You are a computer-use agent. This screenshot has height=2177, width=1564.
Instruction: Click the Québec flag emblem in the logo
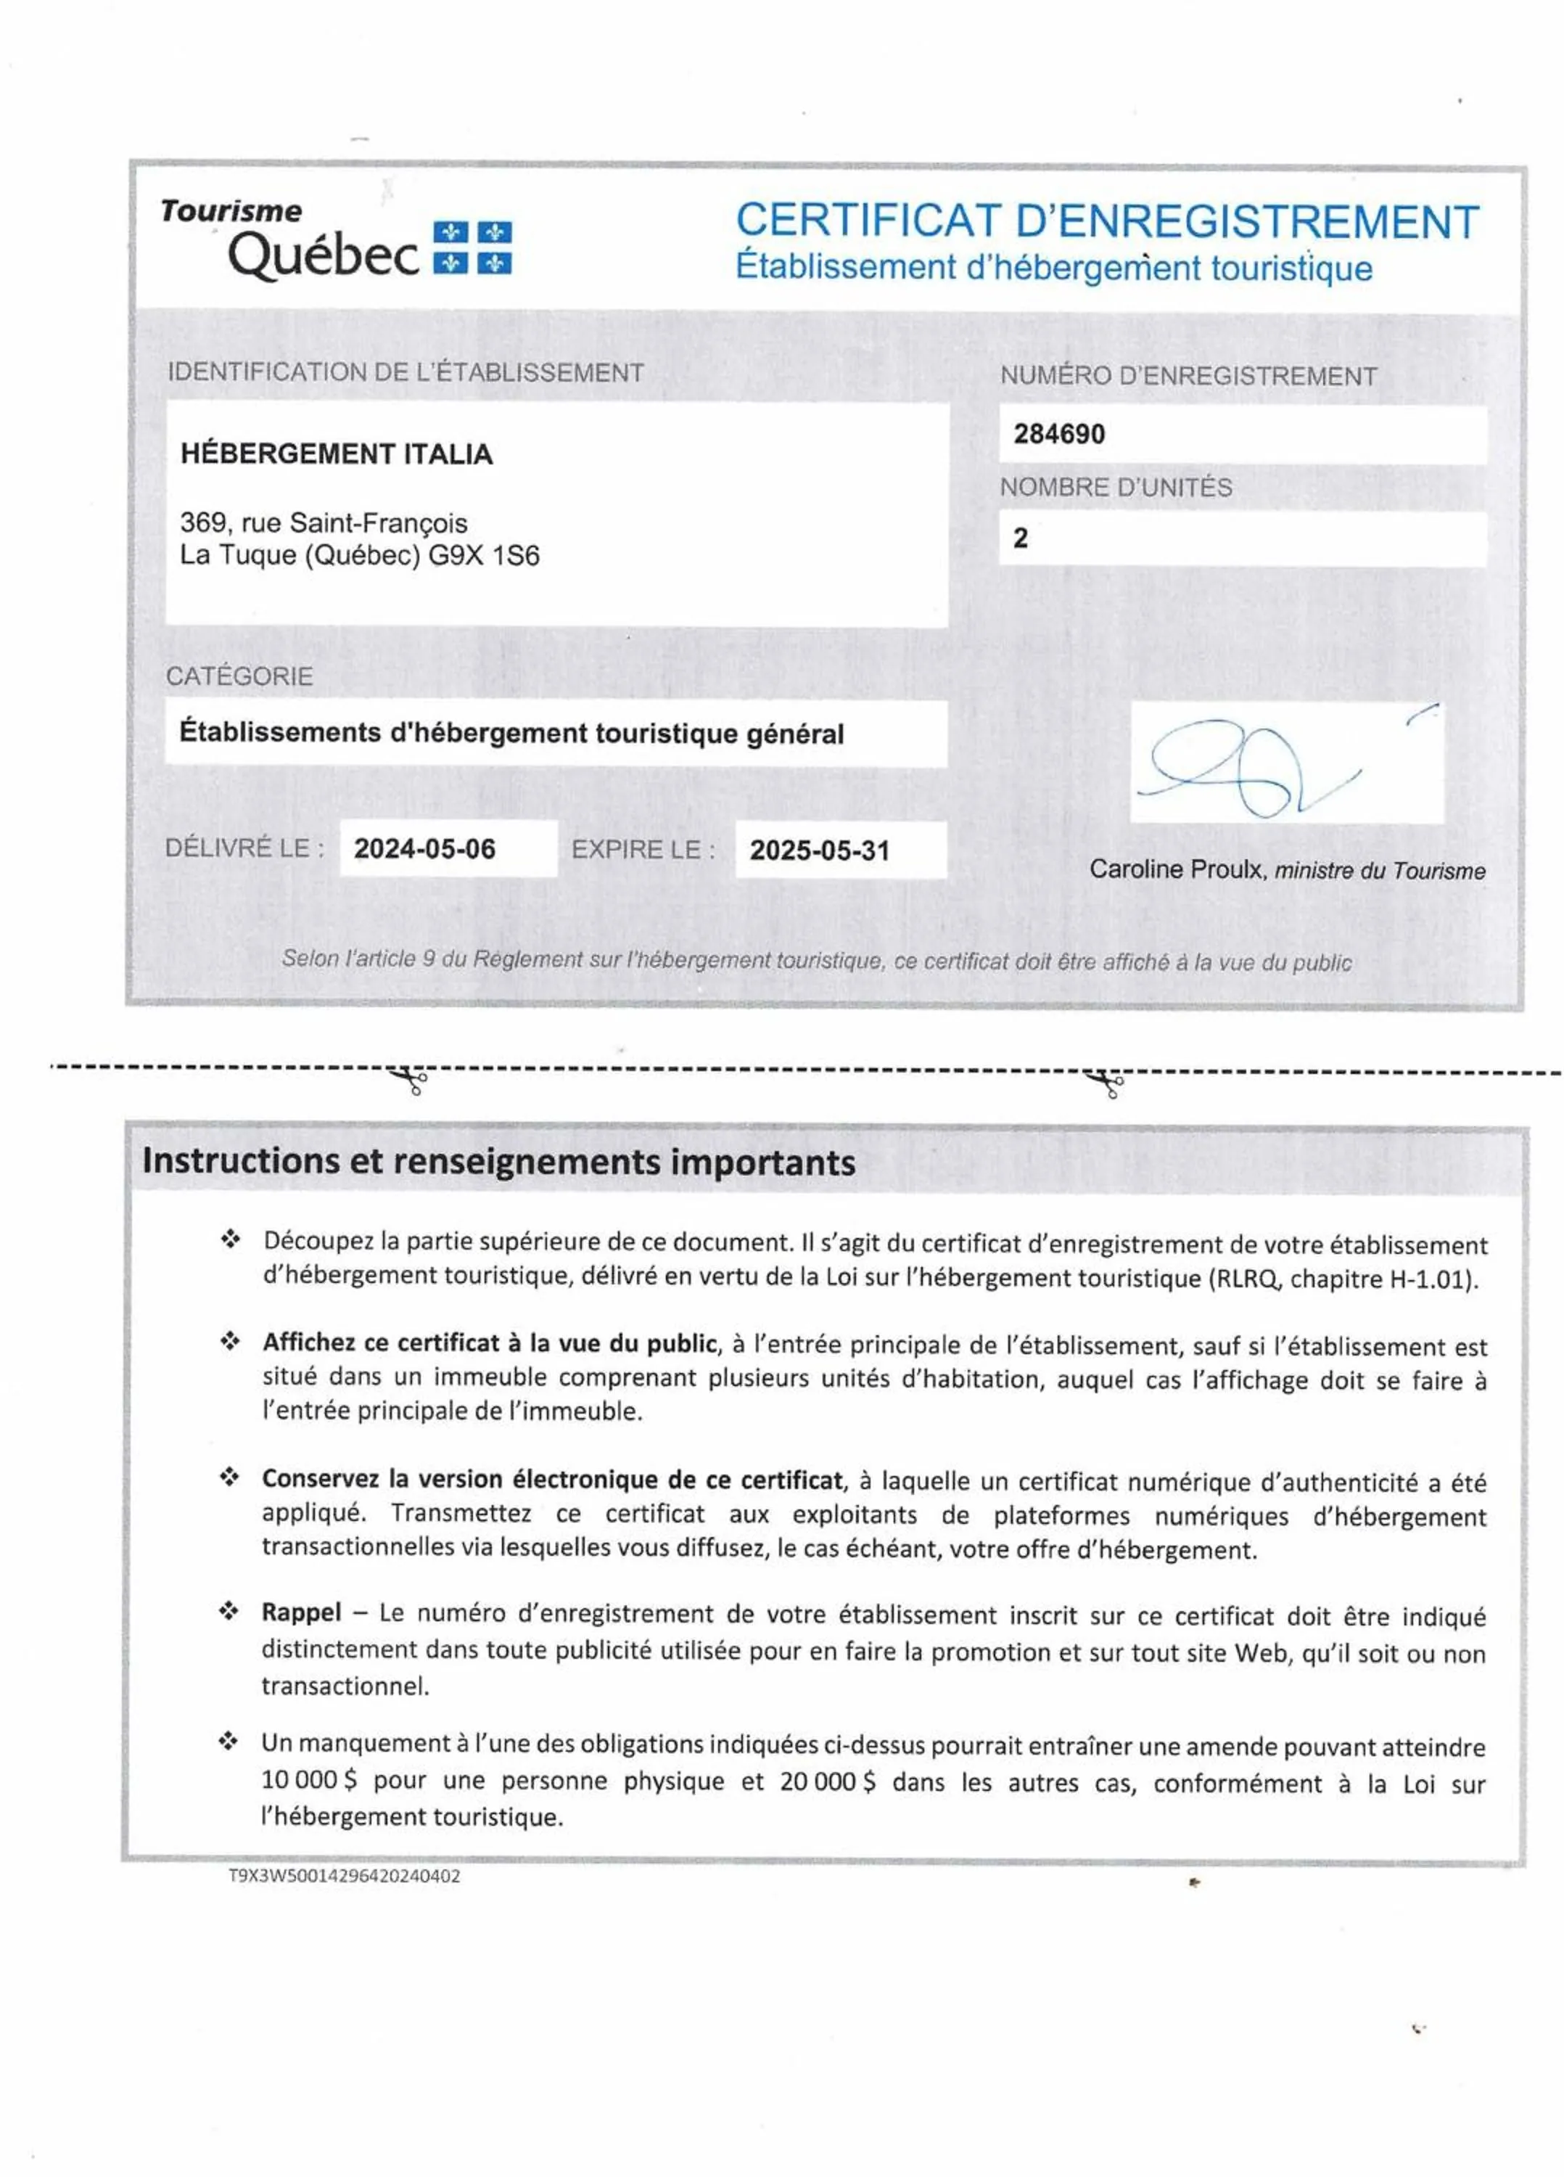tap(472, 247)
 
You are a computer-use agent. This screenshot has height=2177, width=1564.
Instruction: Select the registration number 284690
tap(1059, 434)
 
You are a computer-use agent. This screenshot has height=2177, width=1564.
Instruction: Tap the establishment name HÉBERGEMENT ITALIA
tap(336, 454)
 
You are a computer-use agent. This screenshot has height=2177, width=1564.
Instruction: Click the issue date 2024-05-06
tap(424, 848)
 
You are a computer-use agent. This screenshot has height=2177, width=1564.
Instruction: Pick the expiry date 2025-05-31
tap(820, 850)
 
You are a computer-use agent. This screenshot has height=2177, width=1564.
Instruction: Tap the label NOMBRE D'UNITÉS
tap(1115, 488)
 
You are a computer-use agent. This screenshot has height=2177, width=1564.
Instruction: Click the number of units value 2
tap(1020, 538)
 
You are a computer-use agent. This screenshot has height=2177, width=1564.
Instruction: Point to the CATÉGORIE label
tap(239, 677)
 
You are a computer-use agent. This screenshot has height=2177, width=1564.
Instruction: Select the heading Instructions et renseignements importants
tap(498, 1162)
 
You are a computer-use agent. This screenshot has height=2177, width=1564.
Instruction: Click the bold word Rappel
tap(300, 1612)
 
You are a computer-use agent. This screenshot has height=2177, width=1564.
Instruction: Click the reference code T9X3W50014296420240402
tap(344, 1876)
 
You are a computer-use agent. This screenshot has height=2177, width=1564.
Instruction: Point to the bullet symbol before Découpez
tap(230, 1239)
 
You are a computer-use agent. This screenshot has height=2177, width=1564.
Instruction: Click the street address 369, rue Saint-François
tap(324, 523)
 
